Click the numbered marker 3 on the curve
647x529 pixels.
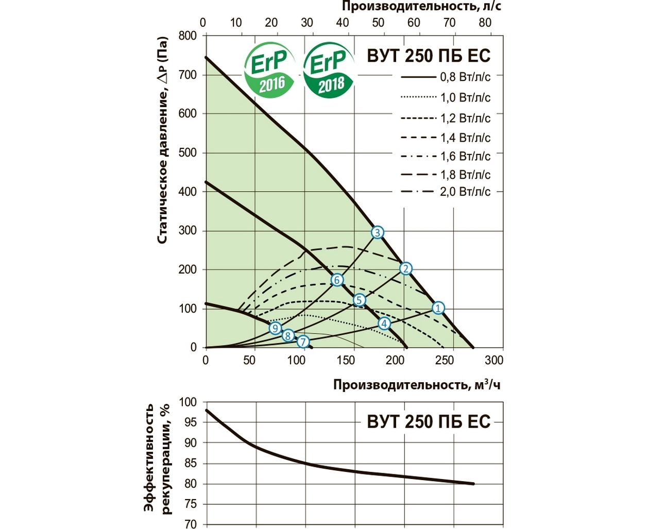(x=377, y=233)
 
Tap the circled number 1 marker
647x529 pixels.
(x=437, y=308)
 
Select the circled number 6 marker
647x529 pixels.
(x=337, y=280)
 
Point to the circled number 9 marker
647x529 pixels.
(x=275, y=328)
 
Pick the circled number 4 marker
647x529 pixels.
(x=384, y=323)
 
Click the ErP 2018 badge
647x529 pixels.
(x=330, y=71)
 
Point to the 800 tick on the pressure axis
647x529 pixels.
(x=188, y=36)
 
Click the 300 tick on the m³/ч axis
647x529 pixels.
(x=493, y=360)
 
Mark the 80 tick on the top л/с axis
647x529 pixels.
(x=485, y=23)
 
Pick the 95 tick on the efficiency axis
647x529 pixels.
(x=190, y=422)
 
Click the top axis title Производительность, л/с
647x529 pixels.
(x=421, y=7)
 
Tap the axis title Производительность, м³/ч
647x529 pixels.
(x=416, y=385)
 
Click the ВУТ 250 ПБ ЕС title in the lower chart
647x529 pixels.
(x=429, y=421)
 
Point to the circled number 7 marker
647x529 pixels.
(x=303, y=342)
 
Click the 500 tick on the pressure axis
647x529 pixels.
(x=188, y=152)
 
